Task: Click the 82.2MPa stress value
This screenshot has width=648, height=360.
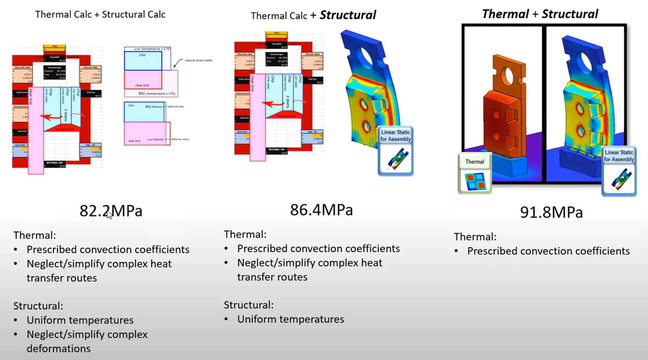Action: [111, 211]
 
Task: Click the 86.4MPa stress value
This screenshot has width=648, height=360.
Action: [321, 210]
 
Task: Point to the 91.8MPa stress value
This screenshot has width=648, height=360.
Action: [551, 212]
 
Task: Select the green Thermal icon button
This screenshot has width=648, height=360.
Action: [474, 174]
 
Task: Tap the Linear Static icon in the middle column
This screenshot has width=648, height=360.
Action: [395, 151]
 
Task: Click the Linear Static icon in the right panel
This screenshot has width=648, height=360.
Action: [619, 171]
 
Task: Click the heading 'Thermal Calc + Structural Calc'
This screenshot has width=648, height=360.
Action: [100, 14]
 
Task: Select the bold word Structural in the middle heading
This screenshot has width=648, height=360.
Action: [347, 15]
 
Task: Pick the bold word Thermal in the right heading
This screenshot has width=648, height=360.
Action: [505, 14]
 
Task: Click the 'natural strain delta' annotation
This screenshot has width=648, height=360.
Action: [198, 60]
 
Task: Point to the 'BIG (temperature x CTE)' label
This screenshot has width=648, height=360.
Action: [157, 93]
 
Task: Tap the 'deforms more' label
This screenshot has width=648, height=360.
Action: [180, 139]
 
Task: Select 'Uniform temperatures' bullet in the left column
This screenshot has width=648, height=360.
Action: [80, 320]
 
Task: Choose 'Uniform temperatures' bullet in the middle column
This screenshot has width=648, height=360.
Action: [290, 319]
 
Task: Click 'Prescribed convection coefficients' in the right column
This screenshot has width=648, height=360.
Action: [548, 251]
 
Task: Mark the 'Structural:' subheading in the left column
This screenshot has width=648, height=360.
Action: [38, 306]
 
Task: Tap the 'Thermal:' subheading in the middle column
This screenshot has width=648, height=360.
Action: [245, 234]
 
